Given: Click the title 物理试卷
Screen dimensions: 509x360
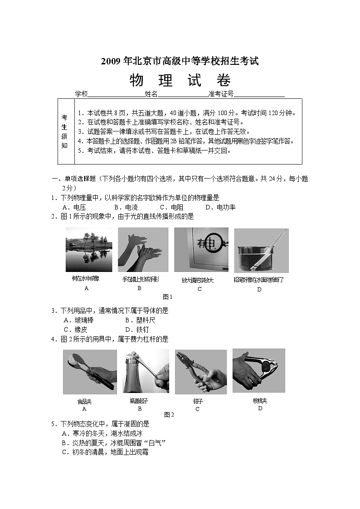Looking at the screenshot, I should coord(180,80).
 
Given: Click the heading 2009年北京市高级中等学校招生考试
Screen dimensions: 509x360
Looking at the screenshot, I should coord(180,61).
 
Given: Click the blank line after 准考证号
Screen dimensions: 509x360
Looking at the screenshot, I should coord(259,94).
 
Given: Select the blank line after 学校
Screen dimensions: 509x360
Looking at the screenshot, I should coord(116,94).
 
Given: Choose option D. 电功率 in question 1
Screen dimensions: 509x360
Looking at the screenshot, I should coord(220,207).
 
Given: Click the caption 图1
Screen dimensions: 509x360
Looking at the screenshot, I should coord(168,297).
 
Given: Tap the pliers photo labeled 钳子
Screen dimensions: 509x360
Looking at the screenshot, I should coord(200,372).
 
